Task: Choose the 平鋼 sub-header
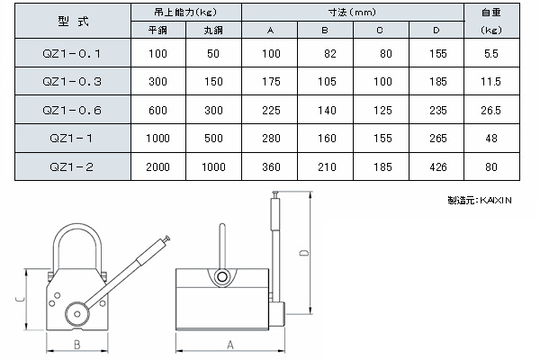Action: click(158, 29)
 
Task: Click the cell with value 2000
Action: click(158, 167)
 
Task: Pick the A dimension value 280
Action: click(270, 139)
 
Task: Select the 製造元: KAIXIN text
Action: click(479, 201)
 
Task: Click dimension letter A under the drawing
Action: click(230, 345)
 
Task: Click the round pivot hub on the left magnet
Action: click(75, 315)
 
